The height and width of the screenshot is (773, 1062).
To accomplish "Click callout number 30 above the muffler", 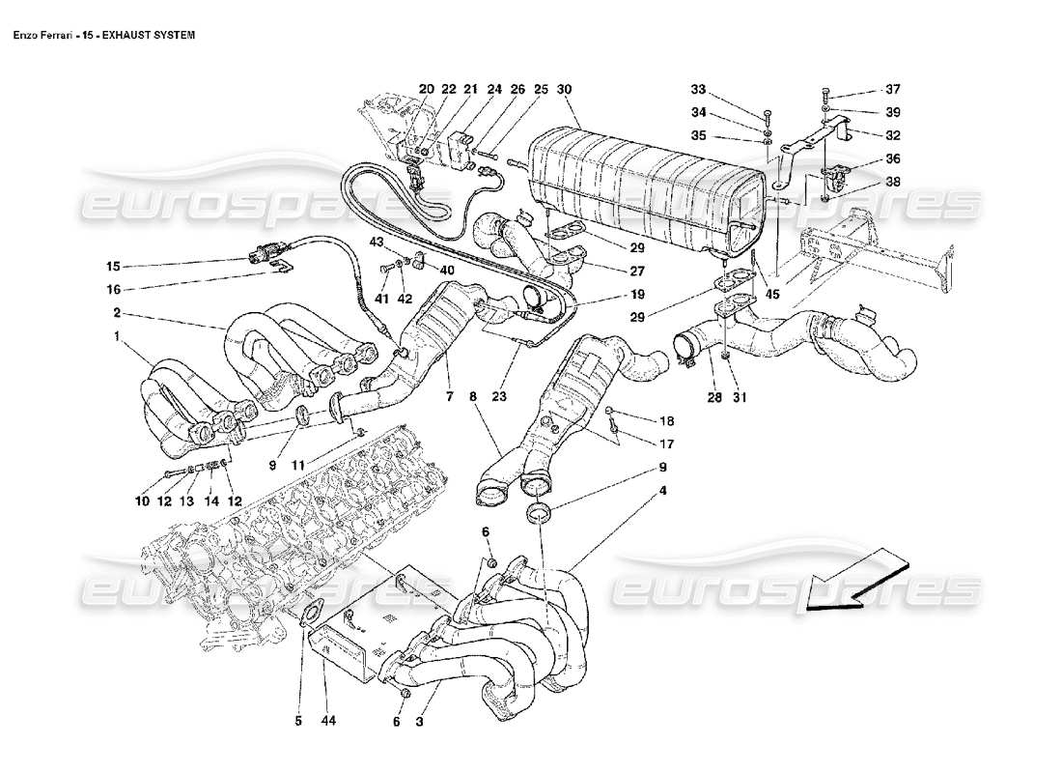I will (x=566, y=89).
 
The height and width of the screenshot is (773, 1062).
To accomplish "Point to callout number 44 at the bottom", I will (x=325, y=720).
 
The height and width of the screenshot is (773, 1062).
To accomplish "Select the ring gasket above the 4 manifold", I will (x=540, y=510).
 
